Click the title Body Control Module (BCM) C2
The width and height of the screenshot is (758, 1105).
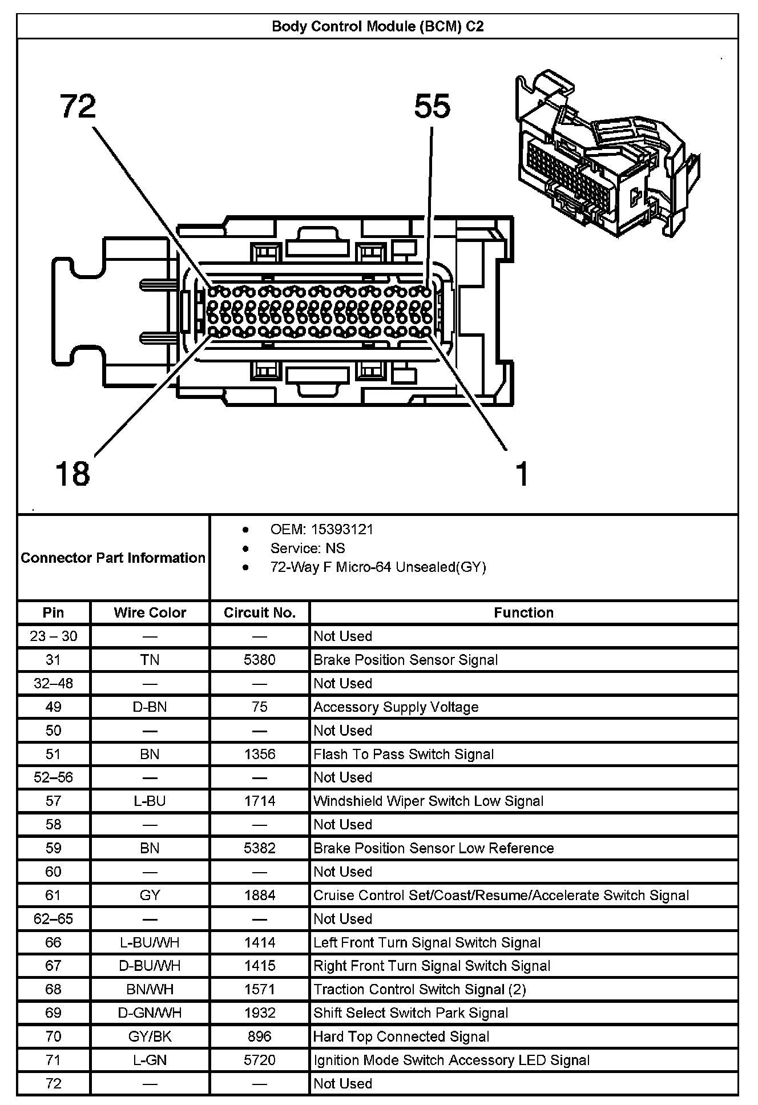377,27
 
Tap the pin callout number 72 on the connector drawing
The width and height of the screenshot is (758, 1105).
78,107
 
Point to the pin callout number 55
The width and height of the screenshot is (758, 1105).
432,107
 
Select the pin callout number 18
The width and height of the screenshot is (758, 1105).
72,473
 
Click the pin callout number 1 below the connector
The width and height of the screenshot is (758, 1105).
522,474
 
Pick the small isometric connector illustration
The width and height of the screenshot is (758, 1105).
607,154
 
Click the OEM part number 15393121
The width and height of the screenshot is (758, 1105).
342,529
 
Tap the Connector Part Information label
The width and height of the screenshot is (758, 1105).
113,558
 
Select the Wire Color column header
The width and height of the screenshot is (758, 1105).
150,612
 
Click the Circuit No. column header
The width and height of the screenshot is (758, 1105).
260,612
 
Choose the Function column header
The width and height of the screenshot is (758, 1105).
523,612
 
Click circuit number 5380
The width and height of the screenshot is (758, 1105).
260,660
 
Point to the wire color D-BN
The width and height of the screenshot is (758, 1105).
150,707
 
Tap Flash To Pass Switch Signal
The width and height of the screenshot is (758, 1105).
404,754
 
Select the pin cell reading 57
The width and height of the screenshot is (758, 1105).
53,801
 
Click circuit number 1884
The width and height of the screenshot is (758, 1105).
260,895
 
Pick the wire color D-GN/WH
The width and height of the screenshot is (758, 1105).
150,1013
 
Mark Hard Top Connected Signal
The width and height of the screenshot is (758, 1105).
401,1036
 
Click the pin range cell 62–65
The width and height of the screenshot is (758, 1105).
53,918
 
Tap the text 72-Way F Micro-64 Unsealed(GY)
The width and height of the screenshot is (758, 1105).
378,567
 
